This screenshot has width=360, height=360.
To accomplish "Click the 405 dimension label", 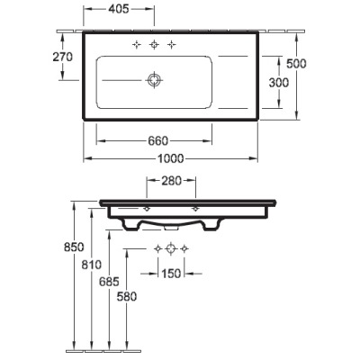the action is tap(119, 9).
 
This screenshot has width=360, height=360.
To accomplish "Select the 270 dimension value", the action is tap(63, 57).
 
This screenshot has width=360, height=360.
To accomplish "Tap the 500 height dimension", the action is tap(296, 64).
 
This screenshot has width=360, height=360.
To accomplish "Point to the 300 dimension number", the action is tap(279, 83).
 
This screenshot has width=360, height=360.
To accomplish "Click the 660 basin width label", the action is tap(158, 140).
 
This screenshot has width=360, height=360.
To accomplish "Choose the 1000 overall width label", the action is tap(171, 158).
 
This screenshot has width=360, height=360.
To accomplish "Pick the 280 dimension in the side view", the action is tap(171, 181).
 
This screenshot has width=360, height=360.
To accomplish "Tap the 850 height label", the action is tap(74, 247).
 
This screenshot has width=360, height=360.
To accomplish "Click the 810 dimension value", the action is tap(92, 265).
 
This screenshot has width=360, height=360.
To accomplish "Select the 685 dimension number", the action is tap(109, 282).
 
